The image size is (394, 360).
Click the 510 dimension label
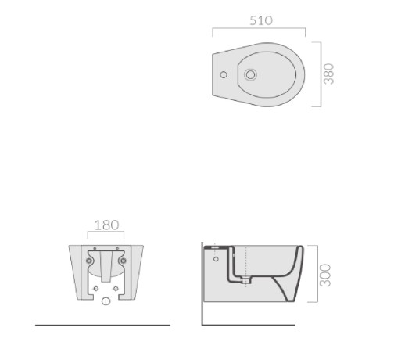pos(261,20)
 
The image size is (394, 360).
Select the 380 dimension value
pos(328,74)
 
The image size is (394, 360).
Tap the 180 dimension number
pos(106,225)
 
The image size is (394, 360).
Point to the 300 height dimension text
pos(325,275)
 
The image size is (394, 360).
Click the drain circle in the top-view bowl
pos(250,75)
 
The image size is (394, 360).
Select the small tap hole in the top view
pos(224,75)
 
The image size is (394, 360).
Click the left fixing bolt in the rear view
pos(89,261)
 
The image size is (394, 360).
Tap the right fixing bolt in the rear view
pos(124,261)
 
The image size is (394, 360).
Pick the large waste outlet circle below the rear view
pos(106,301)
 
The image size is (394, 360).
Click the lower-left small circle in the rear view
pos(96,289)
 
